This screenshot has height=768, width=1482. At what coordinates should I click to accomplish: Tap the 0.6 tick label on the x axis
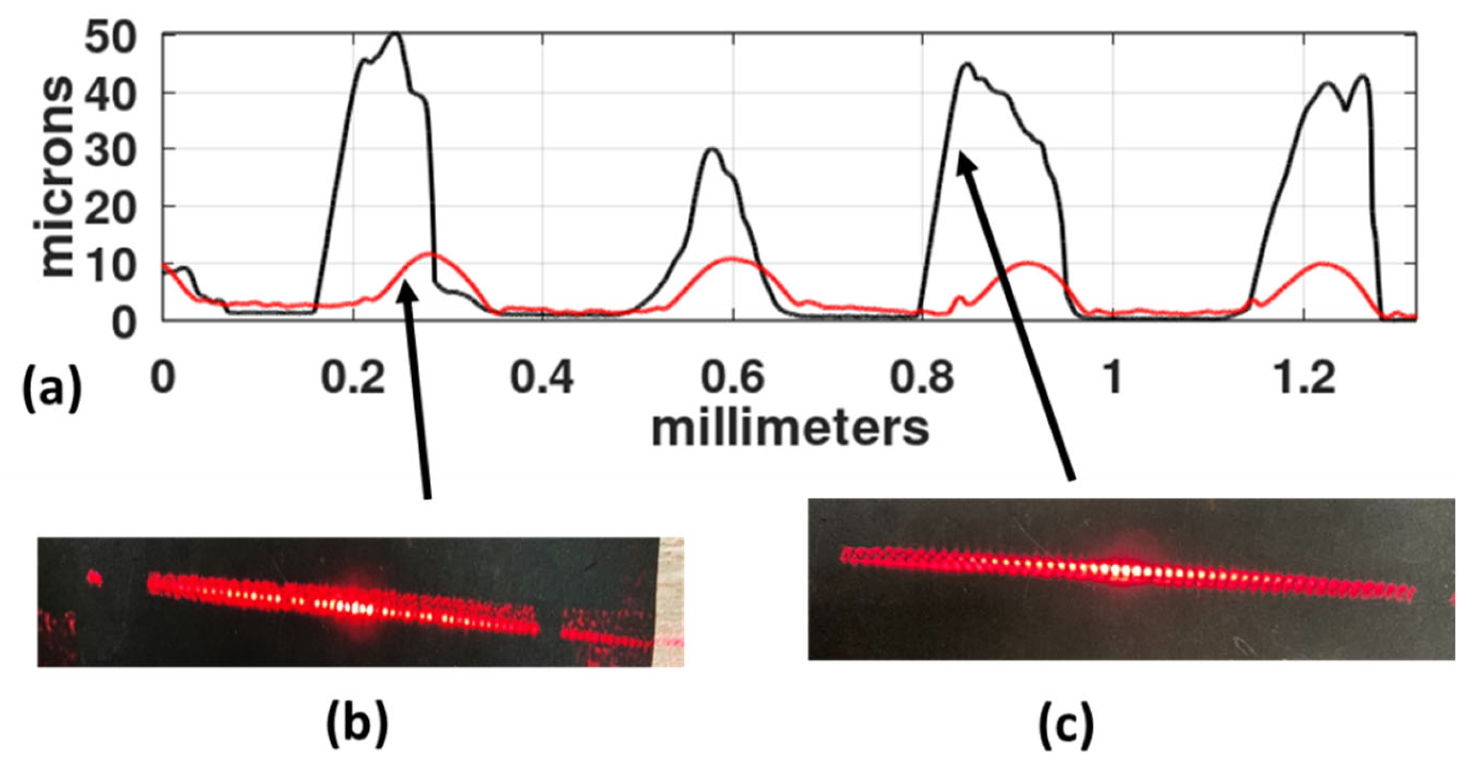pyautogui.click(x=733, y=378)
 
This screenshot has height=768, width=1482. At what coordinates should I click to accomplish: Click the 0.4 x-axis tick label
pyautogui.click(x=542, y=378)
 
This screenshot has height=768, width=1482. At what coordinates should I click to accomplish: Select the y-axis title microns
pyautogui.click(x=58, y=179)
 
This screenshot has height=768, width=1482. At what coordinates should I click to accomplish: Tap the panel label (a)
pyautogui.click(x=52, y=392)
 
